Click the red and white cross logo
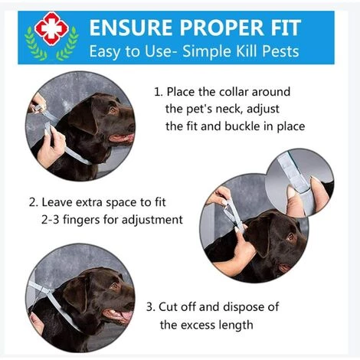(51, 28)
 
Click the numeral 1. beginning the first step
(159, 92)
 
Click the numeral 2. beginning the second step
(33, 202)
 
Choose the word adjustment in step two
(152, 220)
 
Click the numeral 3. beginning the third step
(151, 307)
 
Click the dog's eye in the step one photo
(113, 110)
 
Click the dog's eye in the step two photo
(290, 237)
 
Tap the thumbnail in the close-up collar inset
(291, 192)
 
